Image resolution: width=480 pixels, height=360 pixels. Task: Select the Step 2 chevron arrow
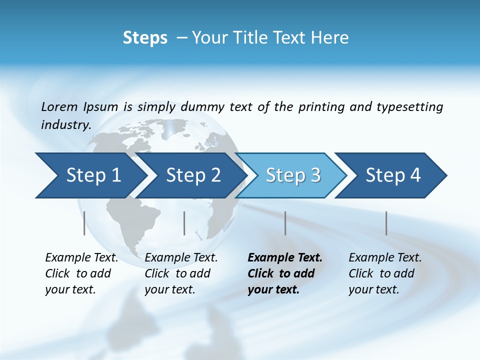coord(193,175)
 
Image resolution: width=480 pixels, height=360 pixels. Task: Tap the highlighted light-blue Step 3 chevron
coord(293,175)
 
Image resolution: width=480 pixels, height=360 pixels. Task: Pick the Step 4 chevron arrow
coord(393,175)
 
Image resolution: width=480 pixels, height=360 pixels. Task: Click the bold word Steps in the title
coord(145,38)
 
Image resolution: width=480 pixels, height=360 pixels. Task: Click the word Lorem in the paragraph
coord(59,106)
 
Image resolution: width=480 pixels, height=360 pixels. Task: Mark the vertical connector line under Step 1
coord(84,223)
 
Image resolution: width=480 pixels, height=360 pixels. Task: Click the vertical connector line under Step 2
coord(184,223)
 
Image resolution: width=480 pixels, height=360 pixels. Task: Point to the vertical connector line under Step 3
coord(285,223)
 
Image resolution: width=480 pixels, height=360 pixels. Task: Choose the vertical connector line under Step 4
coord(386,223)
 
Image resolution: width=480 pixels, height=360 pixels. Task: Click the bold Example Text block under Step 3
coord(284,273)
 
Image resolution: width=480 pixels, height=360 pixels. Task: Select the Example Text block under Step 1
coord(81,273)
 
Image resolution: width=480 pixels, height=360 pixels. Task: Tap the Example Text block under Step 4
coord(385,273)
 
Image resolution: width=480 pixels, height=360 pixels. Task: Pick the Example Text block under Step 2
coord(181,273)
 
